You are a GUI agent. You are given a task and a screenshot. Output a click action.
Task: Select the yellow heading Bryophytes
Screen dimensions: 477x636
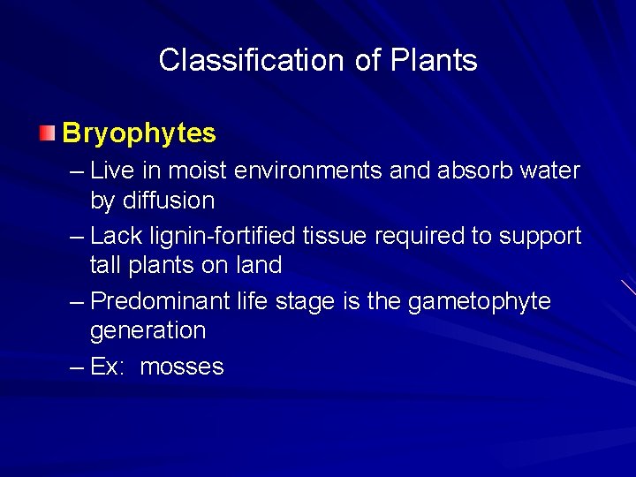pyautogui.click(x=139, y=133)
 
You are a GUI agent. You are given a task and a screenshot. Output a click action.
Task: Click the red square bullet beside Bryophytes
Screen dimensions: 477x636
pyautogui.click(x=47, y=134)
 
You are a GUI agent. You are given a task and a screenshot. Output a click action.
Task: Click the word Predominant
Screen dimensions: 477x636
pyautogui.click(x=160, y=301)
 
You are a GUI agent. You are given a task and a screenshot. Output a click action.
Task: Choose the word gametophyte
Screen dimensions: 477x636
pyautogui.click(x=479, y=301)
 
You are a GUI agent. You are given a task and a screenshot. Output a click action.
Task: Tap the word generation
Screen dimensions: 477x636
pyautogui.click(x=148, y=330)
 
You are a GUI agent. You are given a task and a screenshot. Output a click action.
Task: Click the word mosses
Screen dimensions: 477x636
pyautogui.click(x=182, y=367)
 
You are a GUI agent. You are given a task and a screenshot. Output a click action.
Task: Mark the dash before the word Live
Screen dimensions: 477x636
pyautogui.click(x=76, y=170)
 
